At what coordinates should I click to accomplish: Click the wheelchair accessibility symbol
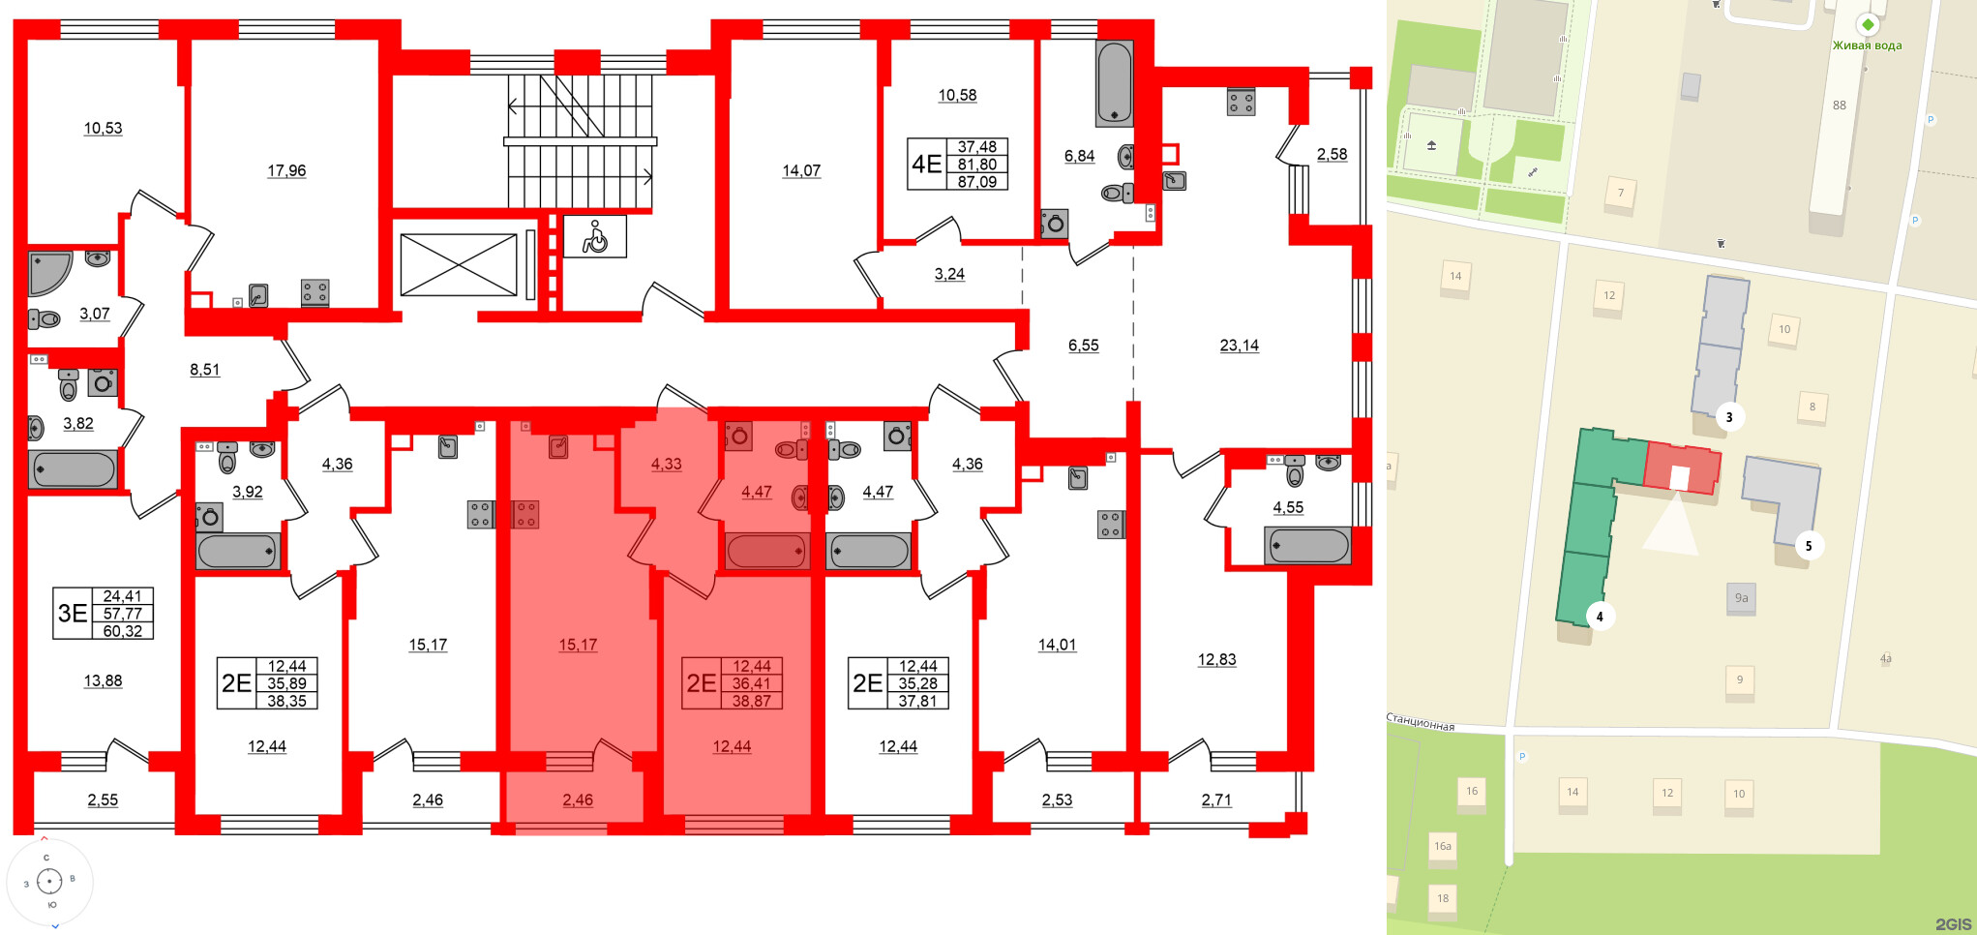pos(594,236)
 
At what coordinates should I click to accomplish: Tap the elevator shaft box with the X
pos(459,265)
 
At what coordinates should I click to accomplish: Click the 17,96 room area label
pos(286,170)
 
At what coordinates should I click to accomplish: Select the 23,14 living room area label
pos(1239,346)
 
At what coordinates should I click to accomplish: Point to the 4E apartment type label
pos(926,164)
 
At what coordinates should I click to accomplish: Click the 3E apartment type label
pos(73,613)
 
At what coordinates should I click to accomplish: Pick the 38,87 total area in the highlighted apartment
pos(752,701)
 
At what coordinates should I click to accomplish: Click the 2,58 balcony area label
pos(1332,154)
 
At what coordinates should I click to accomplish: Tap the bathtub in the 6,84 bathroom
pos(1114,82)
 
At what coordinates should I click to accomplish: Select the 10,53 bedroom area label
pos(103,128)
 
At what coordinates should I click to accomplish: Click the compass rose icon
pos(49,881)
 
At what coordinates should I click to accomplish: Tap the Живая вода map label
pos(1867,45)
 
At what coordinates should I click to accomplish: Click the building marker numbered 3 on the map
pos(1729,417)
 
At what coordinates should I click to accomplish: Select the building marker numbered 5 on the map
pos(1808,546)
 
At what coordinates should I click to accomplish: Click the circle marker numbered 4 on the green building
pos(1600,617)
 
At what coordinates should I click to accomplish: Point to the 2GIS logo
pos(1953,924)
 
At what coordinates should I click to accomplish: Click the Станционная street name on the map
pos(1421,723)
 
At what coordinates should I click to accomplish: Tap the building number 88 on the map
pos(1839,106)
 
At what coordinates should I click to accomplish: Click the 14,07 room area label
pos(801,170)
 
